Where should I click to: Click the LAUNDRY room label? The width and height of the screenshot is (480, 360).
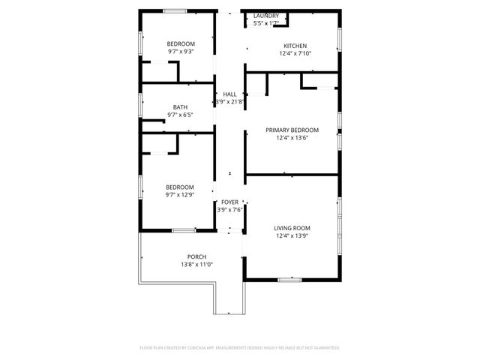click(x=266, y=16)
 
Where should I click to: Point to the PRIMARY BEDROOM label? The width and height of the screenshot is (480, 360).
click(x=292, y=130)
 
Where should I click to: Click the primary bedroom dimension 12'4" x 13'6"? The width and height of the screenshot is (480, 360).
click(x=292, y=137)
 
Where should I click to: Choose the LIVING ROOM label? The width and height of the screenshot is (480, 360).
click(x=292, y=228)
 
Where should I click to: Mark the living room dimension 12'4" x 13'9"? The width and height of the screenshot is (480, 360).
click(x=292, y=236)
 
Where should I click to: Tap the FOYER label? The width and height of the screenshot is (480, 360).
click(x=229, y=202)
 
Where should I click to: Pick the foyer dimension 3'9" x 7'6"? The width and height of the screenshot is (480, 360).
click(x=229, y=210)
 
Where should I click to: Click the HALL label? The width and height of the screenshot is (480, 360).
click(x=229, y=94)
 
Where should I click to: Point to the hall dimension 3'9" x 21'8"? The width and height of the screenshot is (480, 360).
click(x=229, y=101)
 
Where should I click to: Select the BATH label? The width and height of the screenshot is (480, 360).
click(x=181, y=107)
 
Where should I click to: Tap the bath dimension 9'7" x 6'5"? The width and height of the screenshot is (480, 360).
click(x=181, y=115)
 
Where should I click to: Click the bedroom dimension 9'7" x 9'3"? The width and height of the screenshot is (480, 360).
click(x=181, y=52)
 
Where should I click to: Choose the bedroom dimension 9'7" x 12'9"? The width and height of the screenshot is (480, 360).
click(x=180, y=195)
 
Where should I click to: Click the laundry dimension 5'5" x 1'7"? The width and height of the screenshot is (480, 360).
click(x=266, y=23)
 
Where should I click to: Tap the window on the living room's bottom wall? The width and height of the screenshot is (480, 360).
click(x=289, y=280)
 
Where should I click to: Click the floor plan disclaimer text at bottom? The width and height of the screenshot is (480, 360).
click(x=240, y=348)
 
